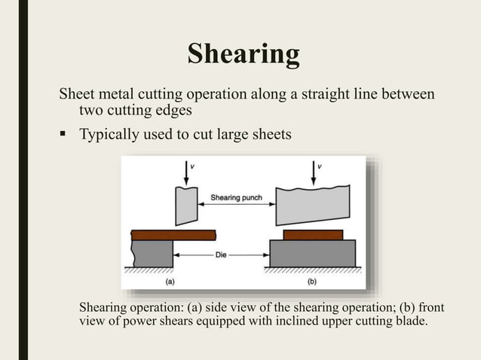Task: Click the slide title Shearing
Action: point(243,54)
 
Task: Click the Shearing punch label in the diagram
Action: point(235,197)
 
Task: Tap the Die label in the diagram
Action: point(221,255)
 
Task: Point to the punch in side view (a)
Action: point(185,206)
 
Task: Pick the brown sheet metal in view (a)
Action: point(173,234)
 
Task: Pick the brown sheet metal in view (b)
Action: point(312,234)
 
